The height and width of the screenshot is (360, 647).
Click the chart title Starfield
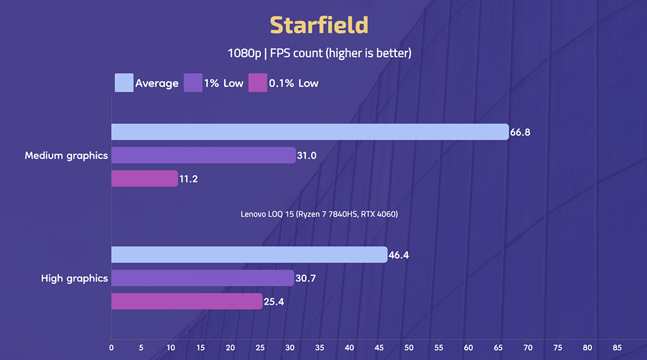pyautogui.click(x=319, y=25)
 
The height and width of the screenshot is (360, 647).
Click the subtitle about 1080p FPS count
pyautogui.click(x=319, y=53)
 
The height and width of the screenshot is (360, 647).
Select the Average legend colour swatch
pyautogui.click(x=124, y=83)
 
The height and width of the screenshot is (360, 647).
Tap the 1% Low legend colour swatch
pyautogui.click(x=193, y=83)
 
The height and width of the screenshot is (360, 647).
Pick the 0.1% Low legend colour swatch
pyautogui.click(x=258, y=83)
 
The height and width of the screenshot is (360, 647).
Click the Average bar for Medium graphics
pyautogui.click(x=309, y=132)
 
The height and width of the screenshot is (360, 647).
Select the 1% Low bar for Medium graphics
pyautogui.click(x=203, y=155)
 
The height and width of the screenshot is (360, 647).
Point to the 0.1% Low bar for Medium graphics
pyautogui.click(x=145, y=179)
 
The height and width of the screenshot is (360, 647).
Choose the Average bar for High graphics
pyautogui.click(x=249, y=255)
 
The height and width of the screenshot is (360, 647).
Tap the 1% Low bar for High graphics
pyautogui.click(x=203, y=278)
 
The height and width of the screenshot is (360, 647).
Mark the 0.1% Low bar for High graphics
pyautogui.click(x=186, y=301)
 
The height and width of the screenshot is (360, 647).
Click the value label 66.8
pyautogui.click(x=520, y=132)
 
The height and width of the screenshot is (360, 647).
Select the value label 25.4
pyautogui.click(x=273, y=301)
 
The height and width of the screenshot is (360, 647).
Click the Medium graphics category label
pyautogui.click(x=67, y=155)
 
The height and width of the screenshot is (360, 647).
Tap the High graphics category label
pyautogui.click(x=74, y=278)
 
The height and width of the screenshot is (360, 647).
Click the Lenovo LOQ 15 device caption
pyautogui.click(x=319, y=214)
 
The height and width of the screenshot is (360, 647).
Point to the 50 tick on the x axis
pyautogui.click(x=408, y=347)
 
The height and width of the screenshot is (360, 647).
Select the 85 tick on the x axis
pyautogui.click(x=617, y=347)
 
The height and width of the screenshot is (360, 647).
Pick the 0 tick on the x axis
pyautogui.click(x=111, y=347)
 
